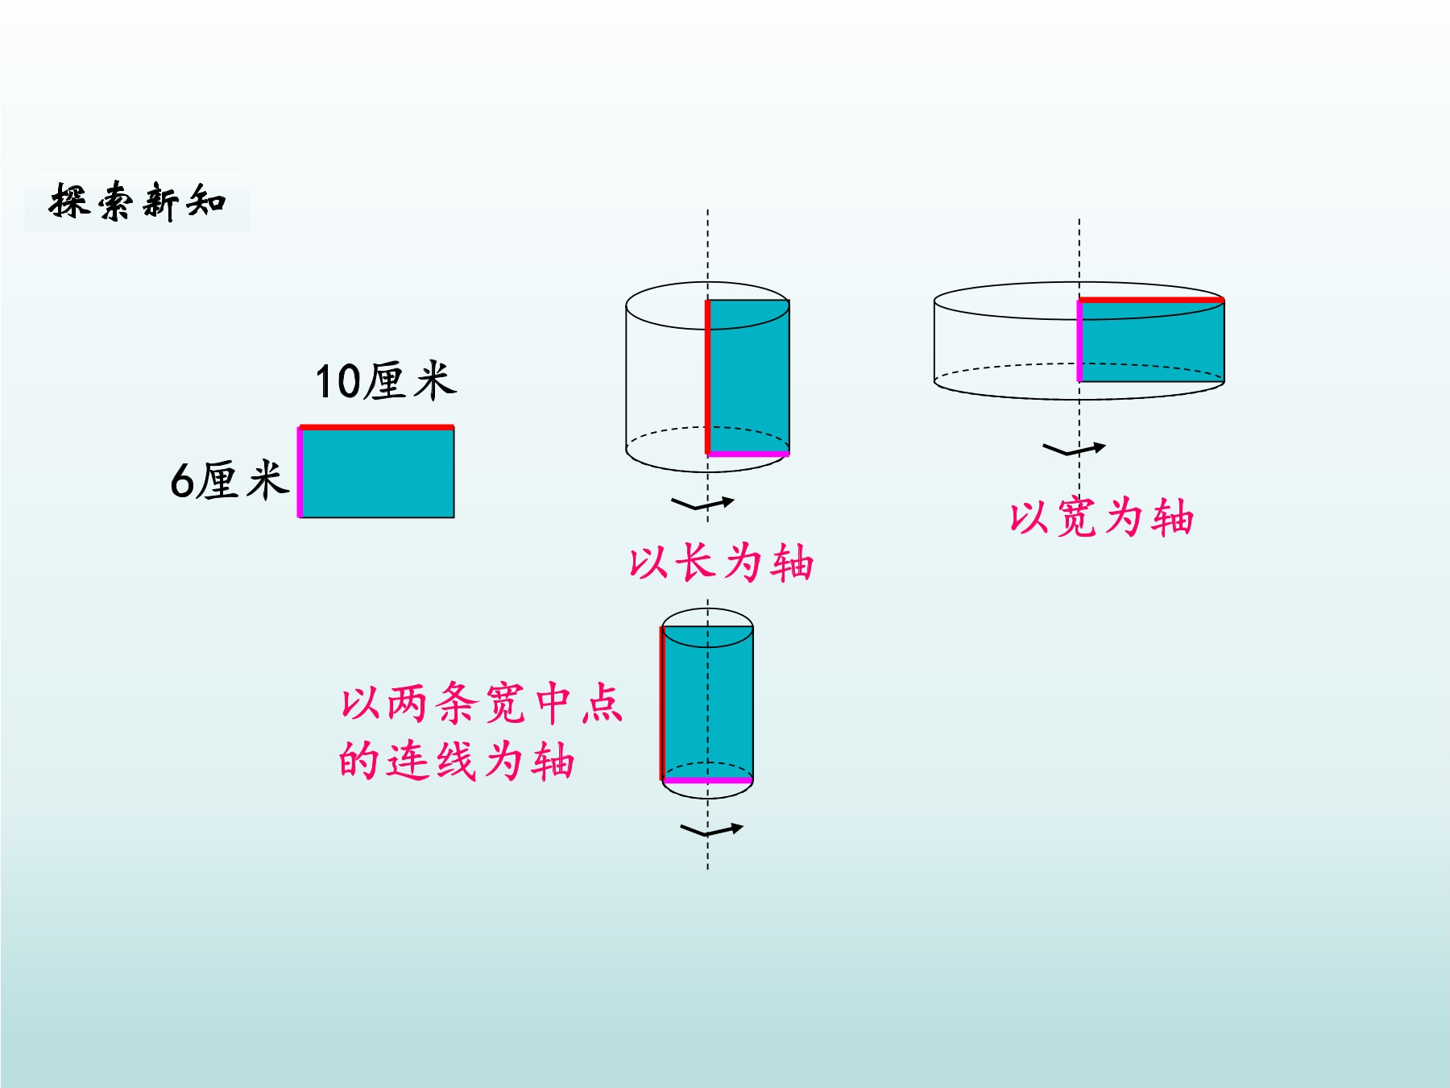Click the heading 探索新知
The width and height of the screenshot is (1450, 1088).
click(x=138, y=201)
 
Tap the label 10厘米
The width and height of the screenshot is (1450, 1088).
click(x=386, y=381)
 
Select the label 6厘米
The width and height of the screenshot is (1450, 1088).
click(x=230, y=480)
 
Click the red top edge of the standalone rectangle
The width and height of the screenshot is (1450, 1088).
click(x=376, y=427)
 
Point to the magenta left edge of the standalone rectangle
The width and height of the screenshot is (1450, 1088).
click(x=300, y=472)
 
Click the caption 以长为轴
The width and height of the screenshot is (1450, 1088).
click(x=722, y=562)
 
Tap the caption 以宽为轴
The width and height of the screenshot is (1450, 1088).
click(x=1101, y=517)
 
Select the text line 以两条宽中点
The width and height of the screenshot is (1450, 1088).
click(x=482, y=703)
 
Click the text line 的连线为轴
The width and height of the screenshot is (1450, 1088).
click(x=457, y=760)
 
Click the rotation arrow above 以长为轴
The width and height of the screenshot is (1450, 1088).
click(x=702, y=504)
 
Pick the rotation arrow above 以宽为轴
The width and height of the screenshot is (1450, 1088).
click(x=1074, y=449)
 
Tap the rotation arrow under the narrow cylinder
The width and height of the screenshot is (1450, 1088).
click(x=711, y=830)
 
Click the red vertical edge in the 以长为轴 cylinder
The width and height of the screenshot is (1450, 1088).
click(x=708, y=377)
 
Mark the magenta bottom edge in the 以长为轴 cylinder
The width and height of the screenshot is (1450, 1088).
click(x=748, y=454)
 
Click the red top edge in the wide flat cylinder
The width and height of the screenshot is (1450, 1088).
click(x=1152, y=300)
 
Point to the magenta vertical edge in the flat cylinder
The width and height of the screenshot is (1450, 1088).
click(x=1079, y=341)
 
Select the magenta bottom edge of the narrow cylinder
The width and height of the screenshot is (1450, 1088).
click(x=708, y=780)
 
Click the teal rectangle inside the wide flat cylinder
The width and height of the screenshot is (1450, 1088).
click(x=1152, y=341)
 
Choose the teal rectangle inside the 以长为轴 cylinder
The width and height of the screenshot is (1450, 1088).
click(x=748, y=377)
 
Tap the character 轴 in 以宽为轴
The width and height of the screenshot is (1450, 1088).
click(x=1173, y=517)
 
